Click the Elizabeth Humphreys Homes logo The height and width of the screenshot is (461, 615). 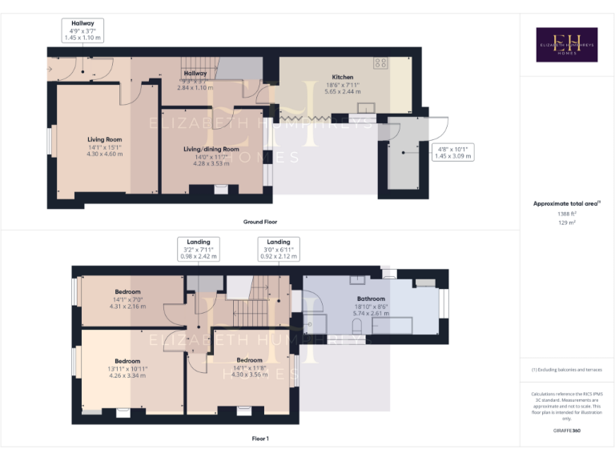(566, 45)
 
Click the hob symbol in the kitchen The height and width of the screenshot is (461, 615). (380, 62)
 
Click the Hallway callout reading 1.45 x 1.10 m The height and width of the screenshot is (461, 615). (82, 30)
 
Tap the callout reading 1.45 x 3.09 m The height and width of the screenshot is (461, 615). (453, 153)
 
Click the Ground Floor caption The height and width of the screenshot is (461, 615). (260, 222)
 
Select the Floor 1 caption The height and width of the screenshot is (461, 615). (260, 439)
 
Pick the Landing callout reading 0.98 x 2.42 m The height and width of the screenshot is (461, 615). (199, 250)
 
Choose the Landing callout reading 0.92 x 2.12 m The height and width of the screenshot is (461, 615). (279, 250)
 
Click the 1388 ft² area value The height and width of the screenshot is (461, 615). (566, 214)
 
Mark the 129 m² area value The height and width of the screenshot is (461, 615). (566, 223)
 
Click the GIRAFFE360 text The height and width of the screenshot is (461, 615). (566, 431)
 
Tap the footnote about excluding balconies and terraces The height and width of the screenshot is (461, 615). (566, 369)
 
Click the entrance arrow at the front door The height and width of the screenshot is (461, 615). (50, 70)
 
